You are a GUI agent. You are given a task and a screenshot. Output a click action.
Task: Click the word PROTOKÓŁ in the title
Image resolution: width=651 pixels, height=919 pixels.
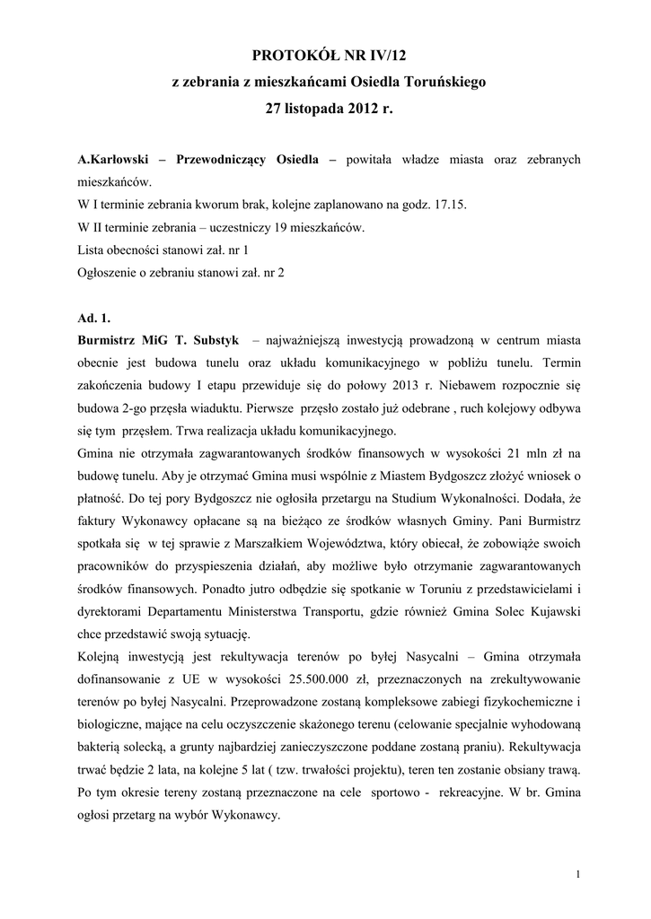(289, 56)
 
